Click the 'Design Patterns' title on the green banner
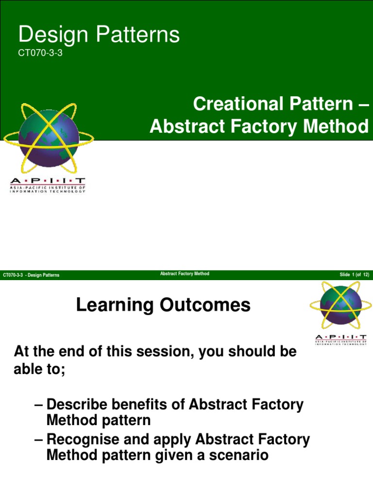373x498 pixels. (99, 35)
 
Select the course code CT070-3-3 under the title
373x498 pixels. (40, 53)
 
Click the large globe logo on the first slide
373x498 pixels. (49, 138)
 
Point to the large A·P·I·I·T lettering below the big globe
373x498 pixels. (48, 181)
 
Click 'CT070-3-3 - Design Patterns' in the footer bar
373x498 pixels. (31, 275)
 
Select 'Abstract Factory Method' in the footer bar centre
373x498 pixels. (185, 274)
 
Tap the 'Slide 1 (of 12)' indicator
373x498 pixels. (354, 275)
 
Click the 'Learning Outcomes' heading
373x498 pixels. (163, 305)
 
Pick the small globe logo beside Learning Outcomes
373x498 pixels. (340, 305)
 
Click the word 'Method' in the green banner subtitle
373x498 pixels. (336, 126)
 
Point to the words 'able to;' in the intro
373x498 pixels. (39, 369)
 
